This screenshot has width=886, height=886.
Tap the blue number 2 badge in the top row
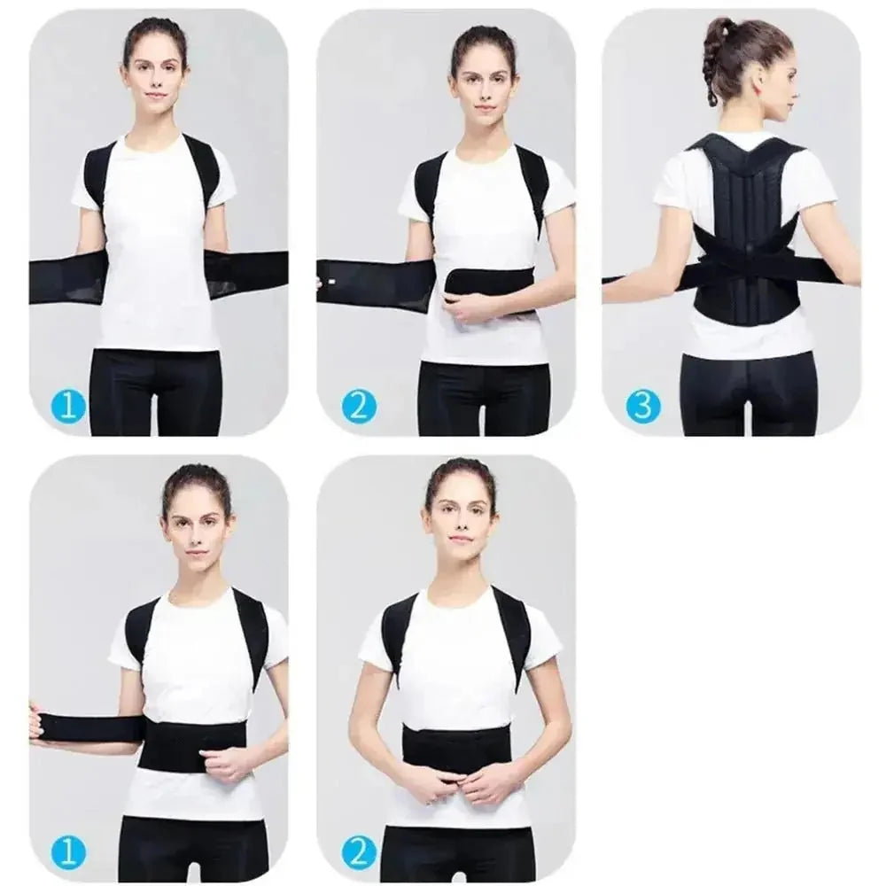pos(359,407)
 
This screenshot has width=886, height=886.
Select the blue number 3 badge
pos(643,407)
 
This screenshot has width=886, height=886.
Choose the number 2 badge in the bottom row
pos(359,853)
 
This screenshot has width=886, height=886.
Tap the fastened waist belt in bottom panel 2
pos(456,747)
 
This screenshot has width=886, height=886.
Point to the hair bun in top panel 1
pos(156,27)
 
